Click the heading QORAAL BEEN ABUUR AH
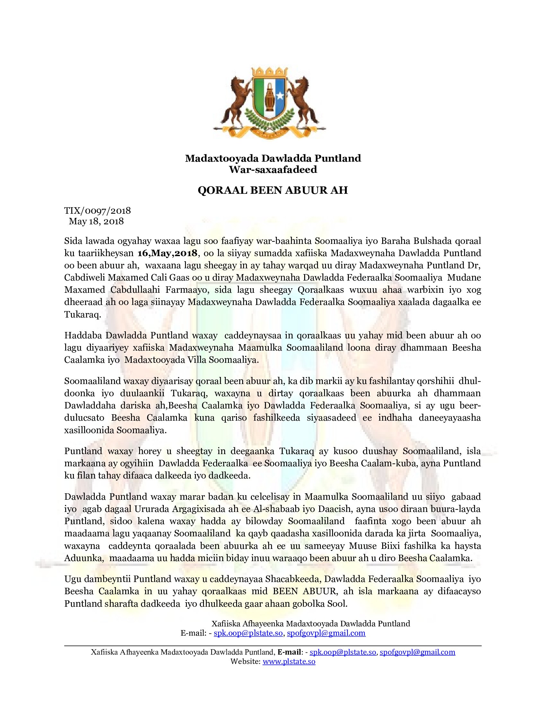pyautogui.click(x=273, y=190)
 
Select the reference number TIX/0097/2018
pyautogui.click(x=97, y=210)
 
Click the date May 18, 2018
pyautogui.click(x=96, y=221)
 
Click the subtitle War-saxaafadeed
pyautogui.click(x=273, y=169)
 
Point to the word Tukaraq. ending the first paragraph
pyautogui.click(x=83, y=315)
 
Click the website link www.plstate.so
pyautogui.click(x=289, y=661)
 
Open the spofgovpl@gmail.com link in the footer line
pyautogui.click(x=417, y=652)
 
